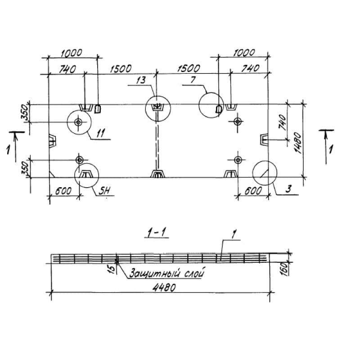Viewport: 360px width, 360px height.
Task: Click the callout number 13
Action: point(141,81)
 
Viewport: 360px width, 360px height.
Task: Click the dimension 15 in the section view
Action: point(111,269)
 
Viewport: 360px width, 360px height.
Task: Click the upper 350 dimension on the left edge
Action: point(26,113)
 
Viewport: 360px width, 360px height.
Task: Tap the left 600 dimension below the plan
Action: point(63,191)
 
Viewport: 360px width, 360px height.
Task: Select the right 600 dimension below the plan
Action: point(253,191)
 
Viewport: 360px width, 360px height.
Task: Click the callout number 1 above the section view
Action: point(235,233)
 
